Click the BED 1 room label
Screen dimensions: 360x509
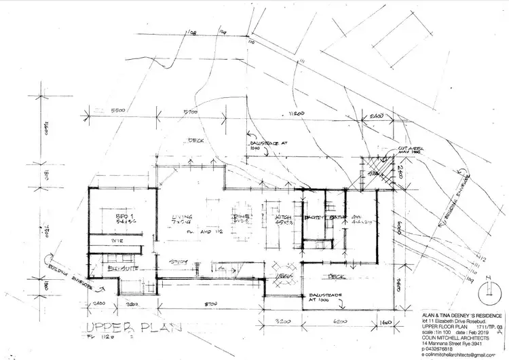pos(124,217)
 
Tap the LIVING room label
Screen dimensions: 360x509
pos(182,217)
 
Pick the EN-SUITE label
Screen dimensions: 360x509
pos(120,270)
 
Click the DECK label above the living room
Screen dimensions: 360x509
pos(197,141)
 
